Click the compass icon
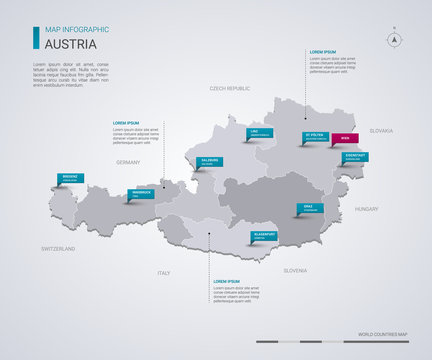394,40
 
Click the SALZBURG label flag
210,161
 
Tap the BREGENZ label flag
71,178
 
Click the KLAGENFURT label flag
263,237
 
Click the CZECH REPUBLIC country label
230,89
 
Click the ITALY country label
163,272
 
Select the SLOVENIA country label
295,271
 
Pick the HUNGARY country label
366,209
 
